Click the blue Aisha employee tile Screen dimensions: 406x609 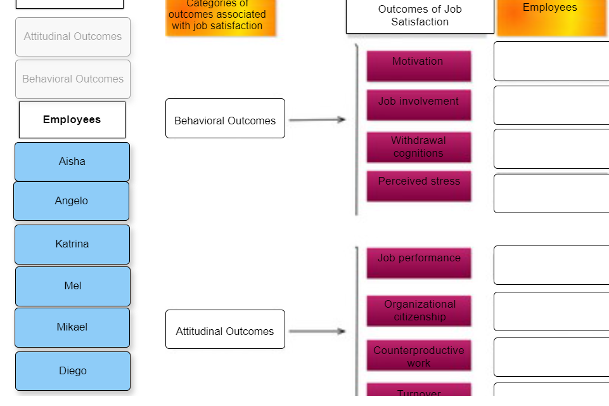72,162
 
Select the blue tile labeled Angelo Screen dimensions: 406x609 72,201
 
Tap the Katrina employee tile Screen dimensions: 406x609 72,244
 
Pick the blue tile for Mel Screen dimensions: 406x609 73,286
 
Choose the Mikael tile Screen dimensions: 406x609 72,327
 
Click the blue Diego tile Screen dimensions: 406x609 73,371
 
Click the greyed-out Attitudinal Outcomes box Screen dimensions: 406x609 73,37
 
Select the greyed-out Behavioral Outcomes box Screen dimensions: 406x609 73,79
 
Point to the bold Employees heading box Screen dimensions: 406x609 72,120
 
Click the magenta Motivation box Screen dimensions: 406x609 418,66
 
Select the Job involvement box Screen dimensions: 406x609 418,105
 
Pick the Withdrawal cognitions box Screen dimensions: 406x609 418,147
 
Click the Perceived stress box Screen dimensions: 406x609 418,186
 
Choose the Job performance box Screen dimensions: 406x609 418,263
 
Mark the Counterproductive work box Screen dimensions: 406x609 418,356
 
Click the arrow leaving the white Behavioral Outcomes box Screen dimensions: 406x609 317,119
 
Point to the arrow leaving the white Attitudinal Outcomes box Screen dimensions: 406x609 317,331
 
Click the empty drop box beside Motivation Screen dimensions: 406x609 551,62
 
